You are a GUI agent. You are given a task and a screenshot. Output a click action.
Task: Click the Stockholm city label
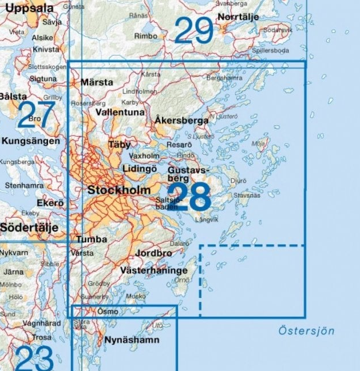click(x=119, y=190)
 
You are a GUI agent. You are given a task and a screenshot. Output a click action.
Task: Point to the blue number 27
click(x=35, y=115)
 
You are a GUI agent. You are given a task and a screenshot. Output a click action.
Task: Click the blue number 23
click(x=34, y=358)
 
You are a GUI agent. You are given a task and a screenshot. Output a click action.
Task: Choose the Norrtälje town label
click(x=238, y=17)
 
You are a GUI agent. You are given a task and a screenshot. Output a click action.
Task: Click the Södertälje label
click(x=29, y=228)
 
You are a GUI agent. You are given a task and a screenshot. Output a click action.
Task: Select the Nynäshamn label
click(x=132, y=340)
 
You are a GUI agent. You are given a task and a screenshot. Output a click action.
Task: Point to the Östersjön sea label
click(x=306, y=331)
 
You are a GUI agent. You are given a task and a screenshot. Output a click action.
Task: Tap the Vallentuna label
click(x=120, y=113)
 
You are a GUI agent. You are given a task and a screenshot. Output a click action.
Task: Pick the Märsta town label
click(x=97, y=82)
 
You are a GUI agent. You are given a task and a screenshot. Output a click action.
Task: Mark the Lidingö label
click(x=140, y=169)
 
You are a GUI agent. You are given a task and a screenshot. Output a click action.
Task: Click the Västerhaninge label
click(x=153, y=270)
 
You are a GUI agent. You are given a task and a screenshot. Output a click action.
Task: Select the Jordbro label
click(x=153, y=253)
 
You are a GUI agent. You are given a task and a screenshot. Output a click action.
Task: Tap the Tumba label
click(x=92, y=239)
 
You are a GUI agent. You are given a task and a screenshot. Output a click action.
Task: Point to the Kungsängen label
click(x=30, y=141)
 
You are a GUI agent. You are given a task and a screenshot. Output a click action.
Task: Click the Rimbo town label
click(x=145, y=36)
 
